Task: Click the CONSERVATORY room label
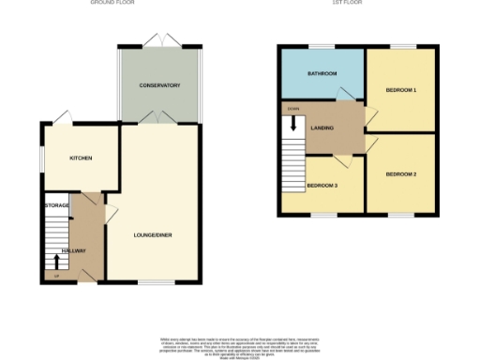point(159,85)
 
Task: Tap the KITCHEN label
point(82,158)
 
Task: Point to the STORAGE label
point(57,204)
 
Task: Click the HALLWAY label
point(74,251)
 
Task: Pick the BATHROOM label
point(322,73)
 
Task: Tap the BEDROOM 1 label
point(401,90)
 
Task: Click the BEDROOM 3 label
point(322,185)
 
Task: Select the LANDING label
point(323,128)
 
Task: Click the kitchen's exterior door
point(61,118)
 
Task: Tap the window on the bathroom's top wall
point(322,46)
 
